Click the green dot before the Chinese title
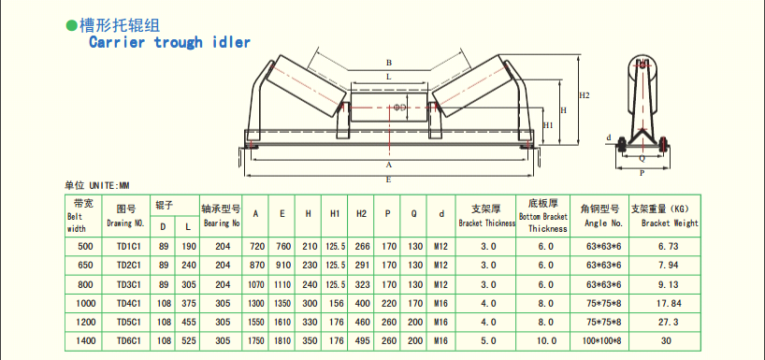click(x=71, y=25)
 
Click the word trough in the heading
click(x=178, y=42)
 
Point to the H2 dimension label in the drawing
click(x=585, y=96)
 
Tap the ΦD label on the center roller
click(x=399, y=107)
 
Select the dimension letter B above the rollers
click(x=389, y=63)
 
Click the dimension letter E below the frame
click(x=389, y=180)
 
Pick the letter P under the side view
click(x=642, y=173)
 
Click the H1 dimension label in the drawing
click(x=548, y=125)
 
